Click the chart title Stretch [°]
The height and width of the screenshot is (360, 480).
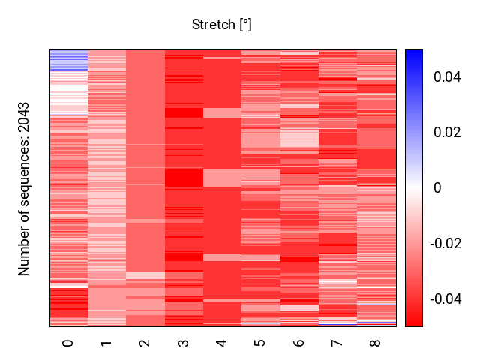[221, 25]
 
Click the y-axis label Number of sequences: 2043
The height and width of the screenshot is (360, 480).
[25, 188]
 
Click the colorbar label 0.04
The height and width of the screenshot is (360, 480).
[445, 77]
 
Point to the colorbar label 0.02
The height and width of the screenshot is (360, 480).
[445, 133]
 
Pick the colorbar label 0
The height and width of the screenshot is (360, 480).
[437, 188]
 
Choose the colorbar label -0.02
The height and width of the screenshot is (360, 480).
[443, 244]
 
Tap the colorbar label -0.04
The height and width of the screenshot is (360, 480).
[443, 299]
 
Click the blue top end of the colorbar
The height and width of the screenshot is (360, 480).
[414, 54]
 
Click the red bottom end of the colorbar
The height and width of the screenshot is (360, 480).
[414, 322]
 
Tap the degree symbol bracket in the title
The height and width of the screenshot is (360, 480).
[245, 25]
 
